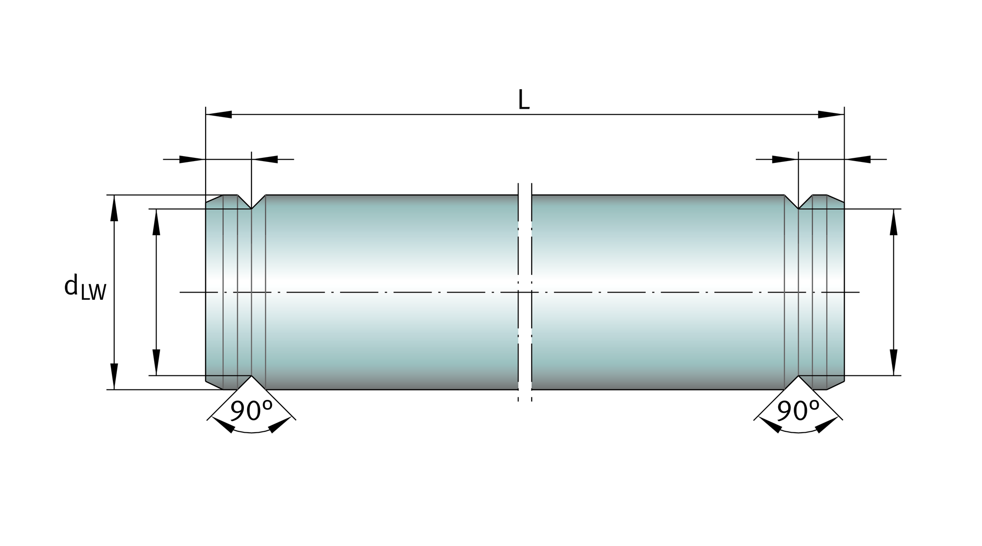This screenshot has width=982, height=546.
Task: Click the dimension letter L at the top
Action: pos(524,100)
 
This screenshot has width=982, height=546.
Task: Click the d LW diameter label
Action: pos(85,287)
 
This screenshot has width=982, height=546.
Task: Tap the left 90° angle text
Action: pos(251,410)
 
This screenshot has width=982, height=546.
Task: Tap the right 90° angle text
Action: pos(798,410)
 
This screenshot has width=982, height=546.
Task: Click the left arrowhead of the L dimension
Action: pos(219,114)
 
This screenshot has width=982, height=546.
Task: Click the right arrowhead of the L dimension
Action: pos(831,114)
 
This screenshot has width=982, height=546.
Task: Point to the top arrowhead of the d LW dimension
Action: pos(114,208)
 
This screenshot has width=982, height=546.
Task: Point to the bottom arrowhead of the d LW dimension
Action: pos(114,376)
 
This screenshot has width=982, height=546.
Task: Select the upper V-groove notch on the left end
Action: pos(252,202)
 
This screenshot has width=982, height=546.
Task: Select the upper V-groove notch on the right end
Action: pos(798,202)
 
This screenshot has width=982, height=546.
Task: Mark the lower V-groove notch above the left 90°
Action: pos(252,383)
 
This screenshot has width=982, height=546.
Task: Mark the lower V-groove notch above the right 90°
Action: pos(798,383)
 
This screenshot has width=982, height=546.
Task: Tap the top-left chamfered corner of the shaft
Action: pos(214,199)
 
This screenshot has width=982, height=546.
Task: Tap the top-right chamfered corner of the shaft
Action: pos(836,199)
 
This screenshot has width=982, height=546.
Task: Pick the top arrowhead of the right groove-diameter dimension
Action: pos(894,222)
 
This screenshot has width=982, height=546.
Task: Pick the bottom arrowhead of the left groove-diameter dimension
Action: pos(156,362)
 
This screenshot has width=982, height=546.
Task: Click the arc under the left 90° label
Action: pos(252,430)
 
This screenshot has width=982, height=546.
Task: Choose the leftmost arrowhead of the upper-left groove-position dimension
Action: pos(192,159)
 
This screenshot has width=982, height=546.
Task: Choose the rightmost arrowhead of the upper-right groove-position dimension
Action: pos(857,159)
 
